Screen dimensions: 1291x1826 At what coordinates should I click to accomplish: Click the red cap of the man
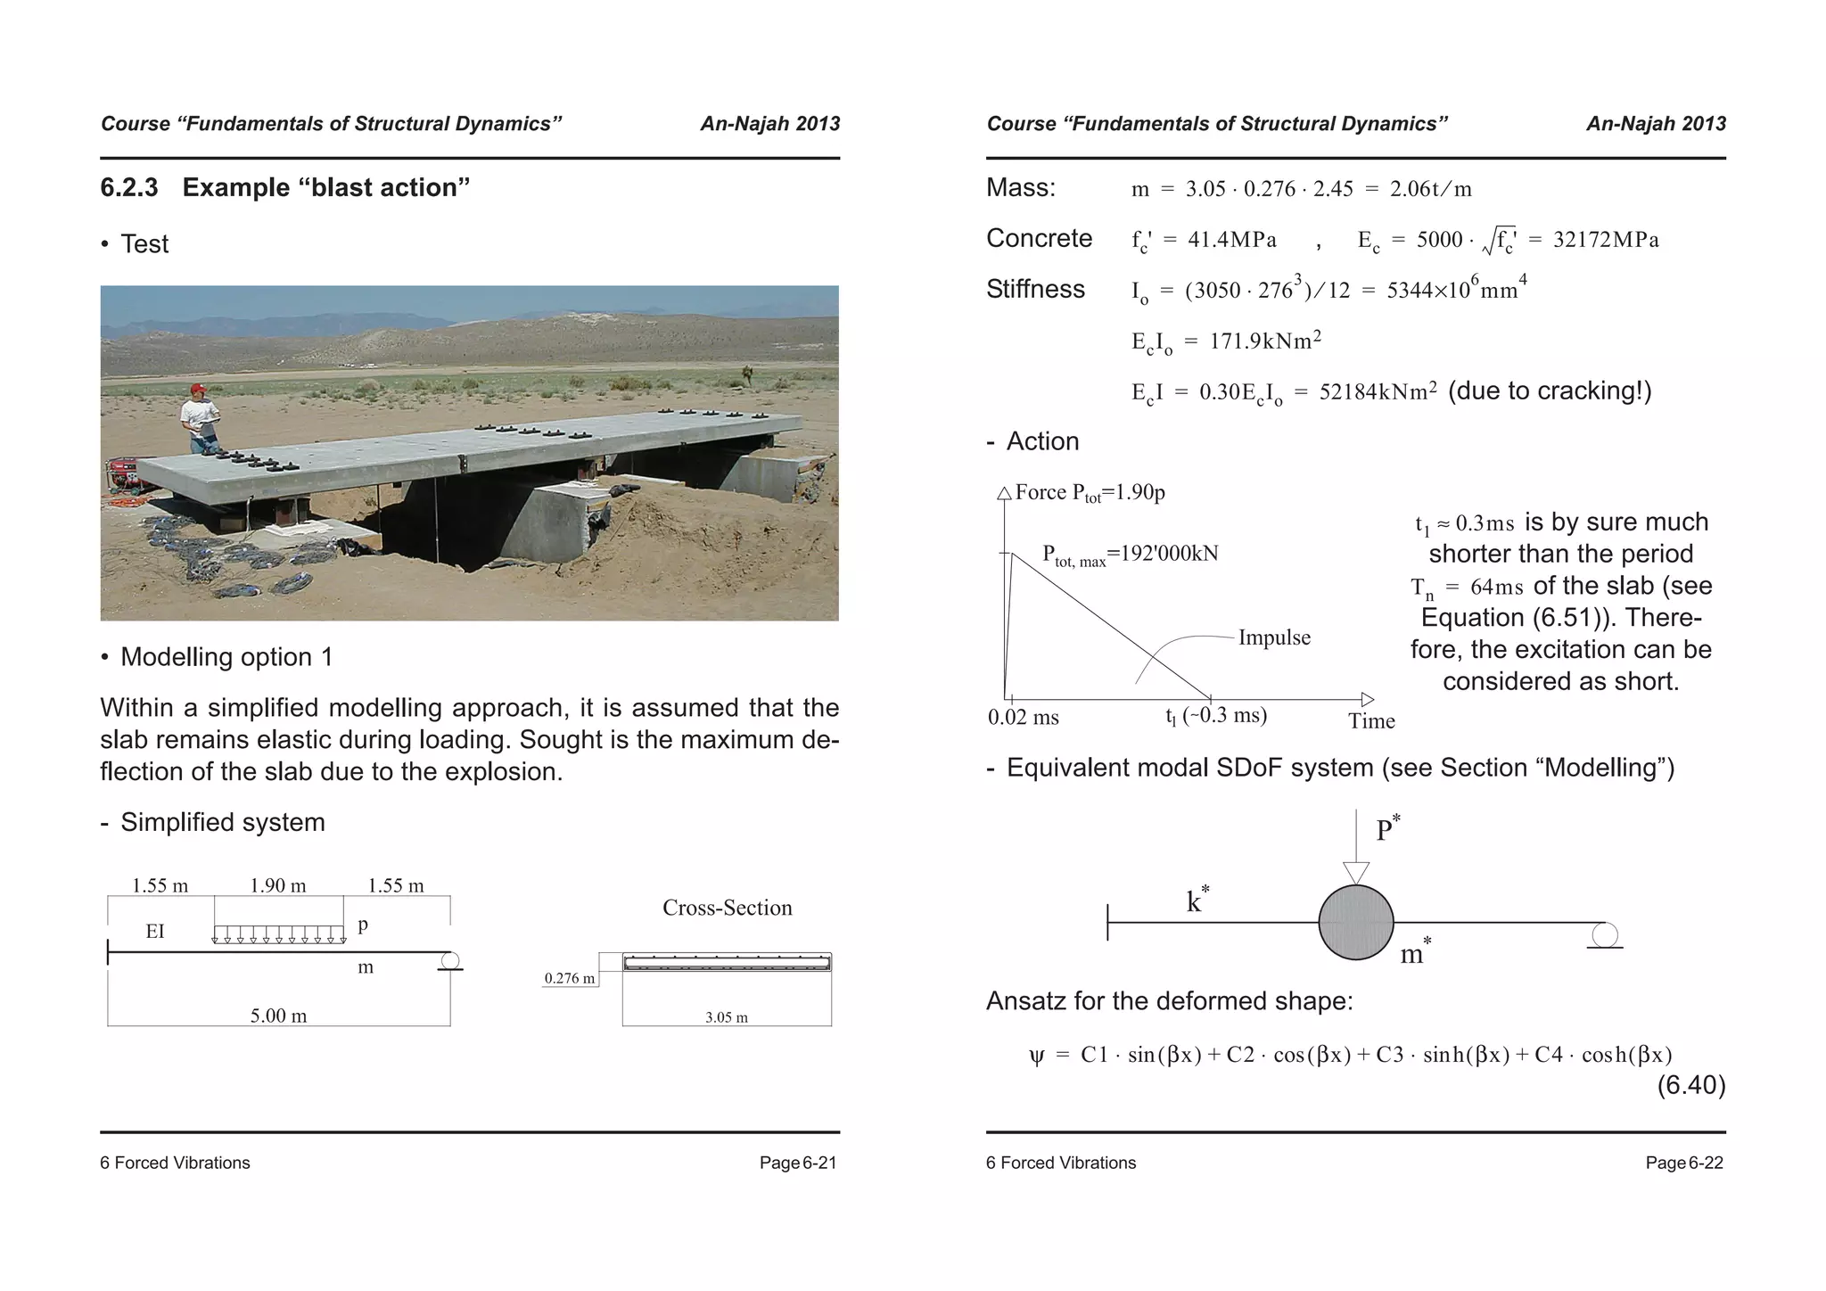pyautogui.click(x=198, y=389)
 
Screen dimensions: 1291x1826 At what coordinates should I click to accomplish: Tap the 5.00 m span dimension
pyautogui.click(x=278, y=1016)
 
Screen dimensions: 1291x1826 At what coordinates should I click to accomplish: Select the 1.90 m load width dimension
pyautogui.click(x=277, y=885)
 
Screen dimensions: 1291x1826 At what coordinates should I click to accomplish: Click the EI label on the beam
pyautogui.click(x=155, y=932)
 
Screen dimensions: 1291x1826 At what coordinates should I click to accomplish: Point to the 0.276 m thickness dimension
pyautogui.click(x=569, y=979)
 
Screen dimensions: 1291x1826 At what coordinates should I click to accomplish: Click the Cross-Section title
pyautogui.click(x=727, y=908)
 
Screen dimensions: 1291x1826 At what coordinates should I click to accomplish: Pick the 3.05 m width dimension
pyautogui.click(x=726, y=1017)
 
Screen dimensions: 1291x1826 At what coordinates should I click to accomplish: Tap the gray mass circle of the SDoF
pyautogui.click(x=1355, y=923)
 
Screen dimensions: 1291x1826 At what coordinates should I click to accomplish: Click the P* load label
pyautogui.click(x=1386, y=829)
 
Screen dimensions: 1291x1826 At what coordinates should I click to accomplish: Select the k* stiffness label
pyautogui.click(x=1197, y=900)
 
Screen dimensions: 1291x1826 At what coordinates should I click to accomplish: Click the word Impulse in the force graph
pyautogui.click(x=1274, y=637)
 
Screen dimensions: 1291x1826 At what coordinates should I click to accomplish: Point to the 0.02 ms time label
pyautogui.click(x=1023, y=718)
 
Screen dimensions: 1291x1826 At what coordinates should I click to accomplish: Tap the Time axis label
pyautogui.click(x=1371, y=721)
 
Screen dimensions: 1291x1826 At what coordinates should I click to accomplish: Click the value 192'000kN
pyautogui.click(x=1169, y=554)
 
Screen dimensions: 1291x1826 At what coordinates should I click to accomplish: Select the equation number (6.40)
pyautogui.click(x=1690, y=1085)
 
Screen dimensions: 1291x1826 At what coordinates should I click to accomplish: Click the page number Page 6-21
pyautogui.click(x=797, y=1163)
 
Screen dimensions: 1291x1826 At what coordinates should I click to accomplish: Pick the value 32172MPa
pyautogui.click(x=1606, y=240)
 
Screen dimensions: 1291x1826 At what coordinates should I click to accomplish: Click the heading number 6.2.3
pyautogui.click(x=129, y=187)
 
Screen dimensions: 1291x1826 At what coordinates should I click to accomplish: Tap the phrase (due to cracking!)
pyautogui.click(x=1550, y=391)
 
